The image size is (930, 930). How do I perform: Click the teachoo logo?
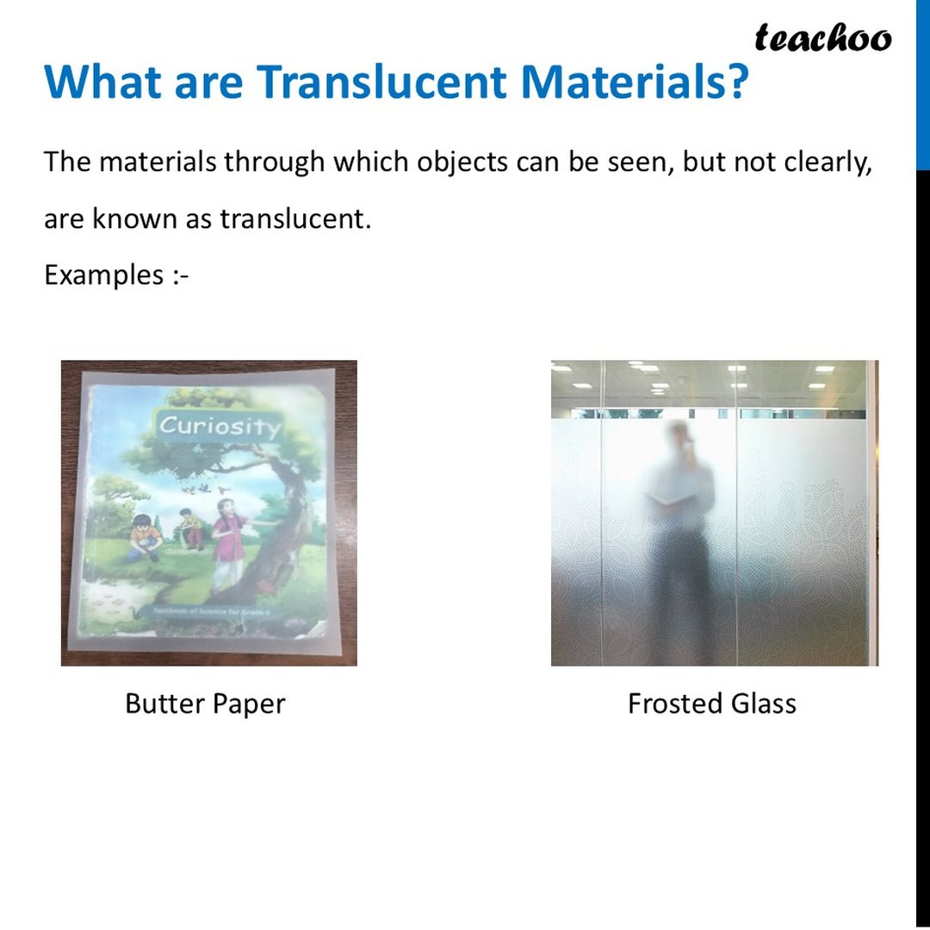pos(822,38)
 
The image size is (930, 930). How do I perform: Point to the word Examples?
pos(103,276)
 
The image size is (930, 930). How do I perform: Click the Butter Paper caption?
pos(205,704)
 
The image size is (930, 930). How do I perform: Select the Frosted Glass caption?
pos(712,704)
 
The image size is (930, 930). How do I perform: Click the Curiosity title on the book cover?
pos(220,425)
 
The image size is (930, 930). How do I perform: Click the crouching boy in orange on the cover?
pos(144,537)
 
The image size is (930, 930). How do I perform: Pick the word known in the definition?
pos(127,219)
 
